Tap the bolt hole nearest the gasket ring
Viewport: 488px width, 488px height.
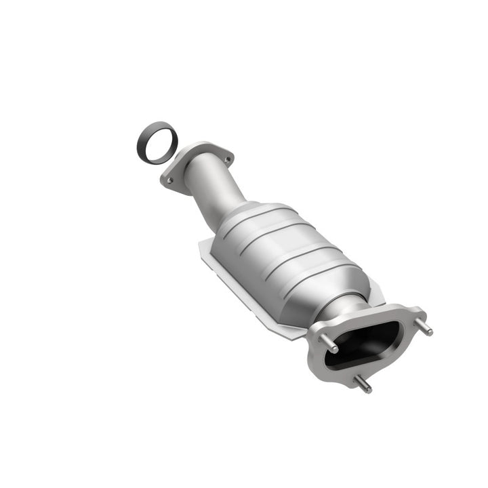[x=171, y=180]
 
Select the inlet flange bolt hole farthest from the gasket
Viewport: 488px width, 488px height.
[x=227, y=158]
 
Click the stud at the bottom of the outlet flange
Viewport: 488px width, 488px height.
[x=363, y=384]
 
